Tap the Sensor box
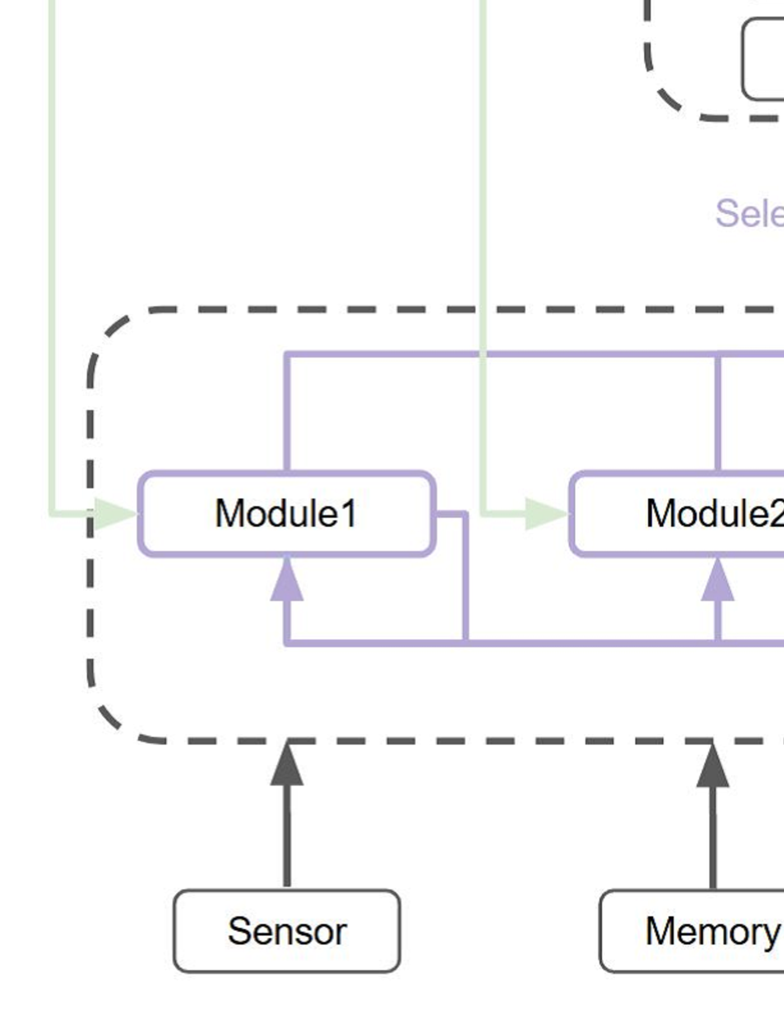pyautogui.click(x=286, y=931)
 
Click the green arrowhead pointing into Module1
pyautogui.click(x=115, y=513)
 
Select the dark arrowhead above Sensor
pyautogui.click(x=287, y=765)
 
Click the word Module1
pyautogui.click(x=286, y=513)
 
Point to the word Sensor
pyautogui.click(x=287, y=931)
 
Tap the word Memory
pyautogui.click(x=712, y=931)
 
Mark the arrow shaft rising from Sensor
pyautogui.click(x=287, y=834)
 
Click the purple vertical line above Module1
pyautogui.click(x=287, y=412)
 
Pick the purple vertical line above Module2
pyautogui.click(x=717, y=412)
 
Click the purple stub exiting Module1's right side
pyautogui.click(x=452, y=514)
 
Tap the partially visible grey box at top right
pyautogui.click(x=763, y=59)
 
